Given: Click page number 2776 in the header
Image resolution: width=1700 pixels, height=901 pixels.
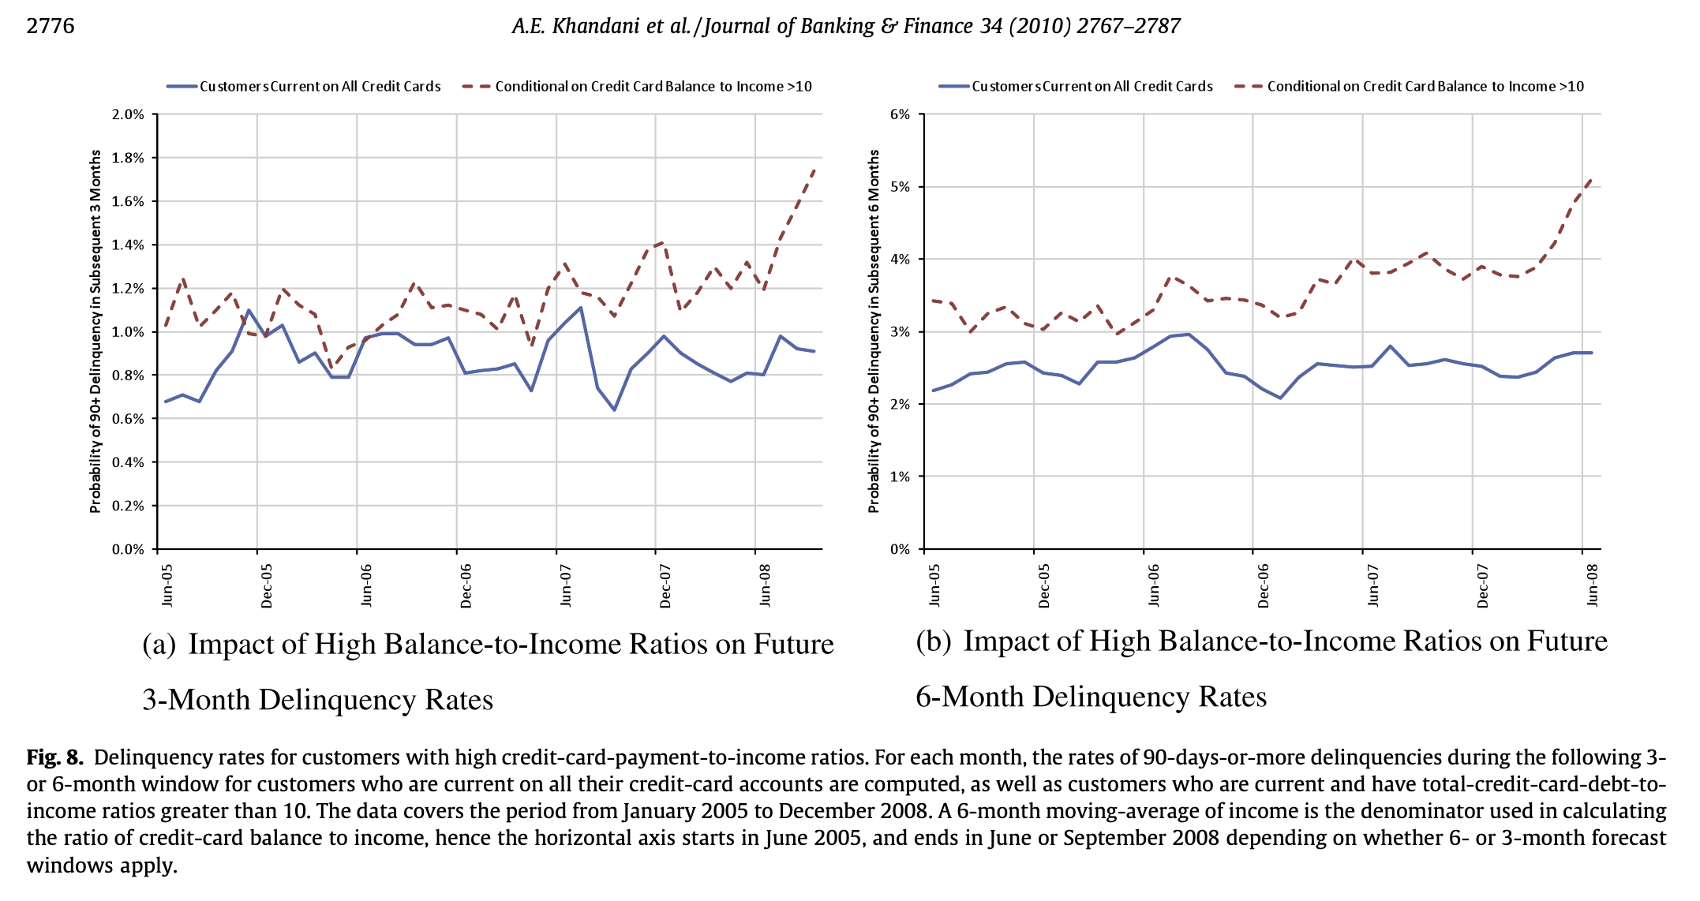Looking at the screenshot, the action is (x=51, y=26).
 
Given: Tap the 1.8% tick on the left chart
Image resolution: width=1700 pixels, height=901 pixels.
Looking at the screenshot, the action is (x=128, y=158).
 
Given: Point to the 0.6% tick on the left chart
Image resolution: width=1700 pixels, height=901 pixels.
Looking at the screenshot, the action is (x=128, y=419).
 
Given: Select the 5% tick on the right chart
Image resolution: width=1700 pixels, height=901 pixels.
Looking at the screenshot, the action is (x=900, y=187).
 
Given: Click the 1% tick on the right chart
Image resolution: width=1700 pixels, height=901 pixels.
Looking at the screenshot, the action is (x=900, y=477).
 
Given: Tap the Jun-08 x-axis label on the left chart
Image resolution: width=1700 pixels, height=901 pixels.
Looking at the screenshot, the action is (x=764, y=585).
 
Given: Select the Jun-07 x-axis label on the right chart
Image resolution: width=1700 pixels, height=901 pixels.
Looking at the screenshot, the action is (x=1372, y=585).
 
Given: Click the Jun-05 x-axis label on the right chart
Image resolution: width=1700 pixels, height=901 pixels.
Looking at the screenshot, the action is (x=934, y=585).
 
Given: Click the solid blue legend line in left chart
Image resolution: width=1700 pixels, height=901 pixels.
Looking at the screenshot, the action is (x=182, y=87).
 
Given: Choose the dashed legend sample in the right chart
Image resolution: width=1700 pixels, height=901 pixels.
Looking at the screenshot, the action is (x=1249, y=87).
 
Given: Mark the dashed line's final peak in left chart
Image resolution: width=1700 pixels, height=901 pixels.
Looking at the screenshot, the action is (x=814, y=168).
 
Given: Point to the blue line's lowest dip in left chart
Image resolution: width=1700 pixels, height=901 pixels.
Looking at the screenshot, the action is (x=614, y=410).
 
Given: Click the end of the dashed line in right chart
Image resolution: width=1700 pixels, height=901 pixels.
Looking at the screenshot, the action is (x=1591, y=180).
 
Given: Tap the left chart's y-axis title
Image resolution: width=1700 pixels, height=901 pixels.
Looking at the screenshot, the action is (x=95, y=331).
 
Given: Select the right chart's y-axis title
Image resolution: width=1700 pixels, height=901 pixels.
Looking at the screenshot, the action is (x=874, y=331).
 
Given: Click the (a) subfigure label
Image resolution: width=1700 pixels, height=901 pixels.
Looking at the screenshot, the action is (x=159, y=645).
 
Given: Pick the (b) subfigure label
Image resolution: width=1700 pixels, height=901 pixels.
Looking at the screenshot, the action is (x=934, y=641).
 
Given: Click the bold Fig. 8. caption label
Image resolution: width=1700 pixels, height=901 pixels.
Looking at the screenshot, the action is (x=54, y=758).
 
